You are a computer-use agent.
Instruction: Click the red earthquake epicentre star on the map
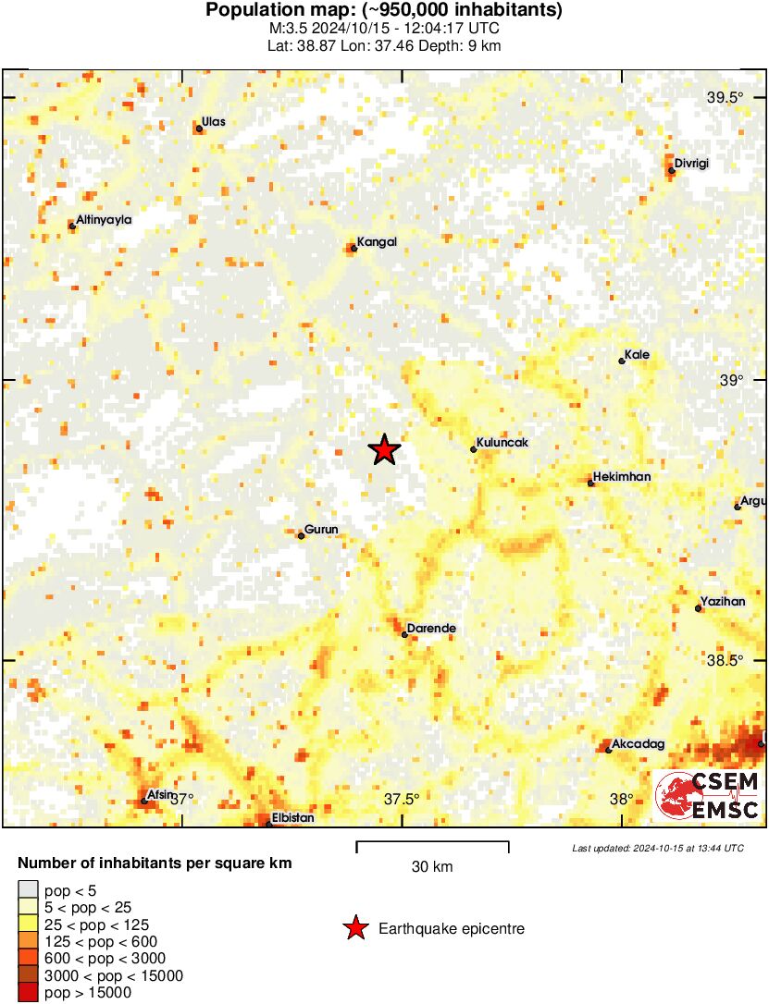coord(384,450)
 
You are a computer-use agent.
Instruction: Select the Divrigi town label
coord(691,164)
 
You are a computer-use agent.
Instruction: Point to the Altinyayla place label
coord(105,220)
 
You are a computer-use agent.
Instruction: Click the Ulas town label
coord(214,122)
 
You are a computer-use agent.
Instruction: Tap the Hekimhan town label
coord(621,477)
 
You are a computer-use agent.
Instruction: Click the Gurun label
coord(321,530)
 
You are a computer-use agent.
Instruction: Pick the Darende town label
coord(432,629)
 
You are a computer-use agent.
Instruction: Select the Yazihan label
coord(723,602)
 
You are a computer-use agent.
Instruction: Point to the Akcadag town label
coord(639,743)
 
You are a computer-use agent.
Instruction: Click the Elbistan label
coord(293,818)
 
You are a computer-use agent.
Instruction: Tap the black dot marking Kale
coord(622,361)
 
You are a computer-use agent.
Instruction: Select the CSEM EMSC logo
coord(707,796)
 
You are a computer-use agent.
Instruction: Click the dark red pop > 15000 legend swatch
coord(28,993)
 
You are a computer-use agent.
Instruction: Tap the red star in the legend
coord(354,929)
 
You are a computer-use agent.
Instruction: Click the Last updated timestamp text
coord(657,848)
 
